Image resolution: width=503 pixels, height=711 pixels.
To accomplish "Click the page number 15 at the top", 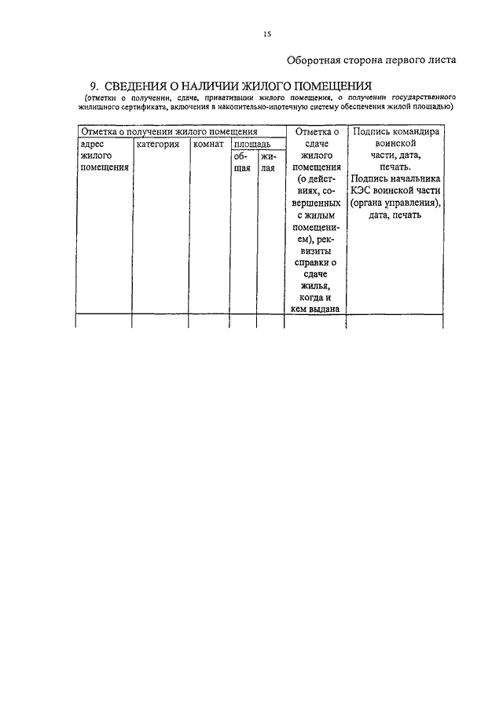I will [266, 34].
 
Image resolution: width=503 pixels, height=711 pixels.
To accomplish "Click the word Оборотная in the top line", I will [314, 60].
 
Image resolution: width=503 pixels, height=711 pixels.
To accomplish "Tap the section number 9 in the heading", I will [94, 86].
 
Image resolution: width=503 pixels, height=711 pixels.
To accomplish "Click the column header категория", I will [157, 145].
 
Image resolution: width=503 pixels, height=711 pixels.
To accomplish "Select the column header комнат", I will [208, 145].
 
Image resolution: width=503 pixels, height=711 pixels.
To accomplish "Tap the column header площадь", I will [253, 145].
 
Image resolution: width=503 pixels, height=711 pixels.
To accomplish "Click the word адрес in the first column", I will [94, 145].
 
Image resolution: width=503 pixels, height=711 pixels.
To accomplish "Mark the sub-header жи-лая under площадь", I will [269, 162].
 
